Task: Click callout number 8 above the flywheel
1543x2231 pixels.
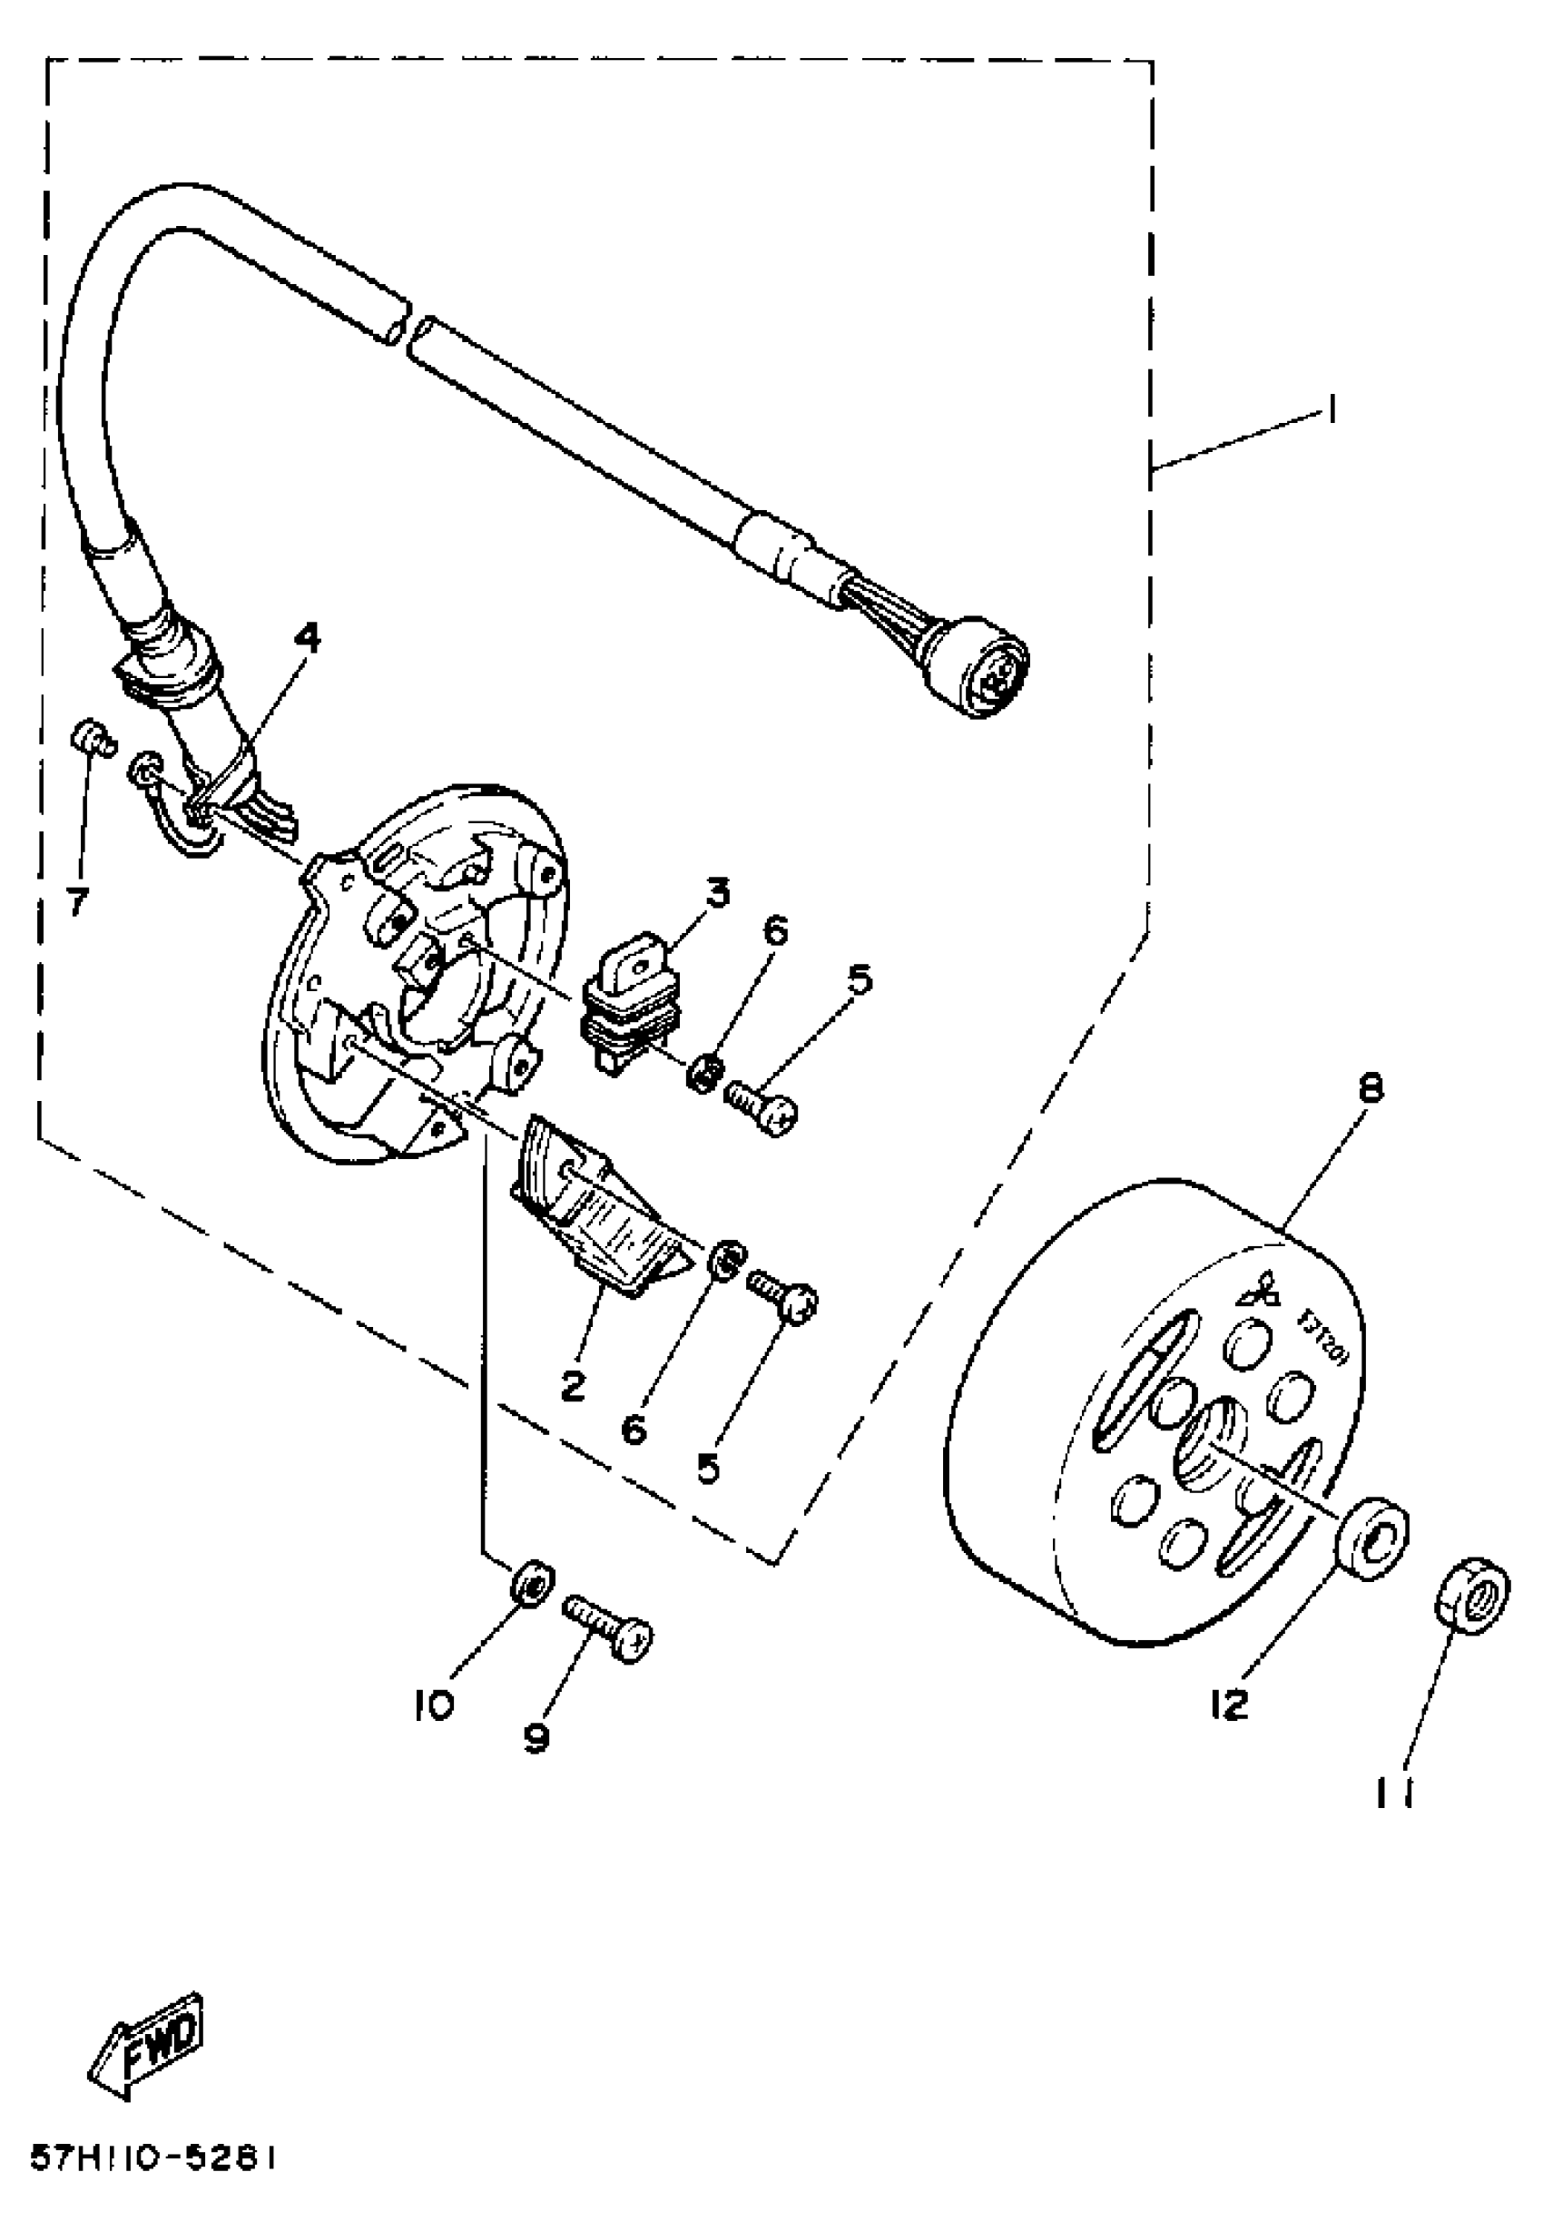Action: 1370,1088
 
